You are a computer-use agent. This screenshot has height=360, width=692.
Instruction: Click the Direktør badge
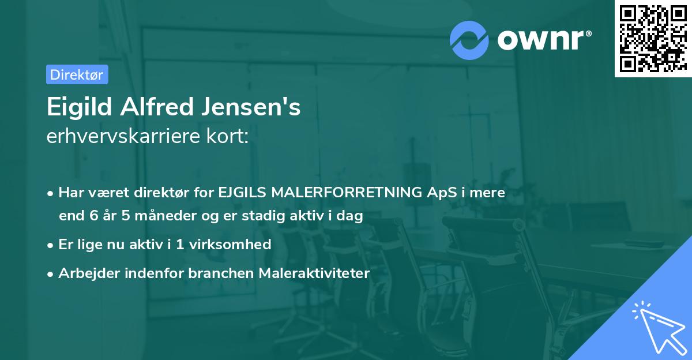point(76,74)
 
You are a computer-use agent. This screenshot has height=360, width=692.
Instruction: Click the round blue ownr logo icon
point(469,40)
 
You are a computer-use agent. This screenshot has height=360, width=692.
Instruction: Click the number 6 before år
point(94,216)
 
